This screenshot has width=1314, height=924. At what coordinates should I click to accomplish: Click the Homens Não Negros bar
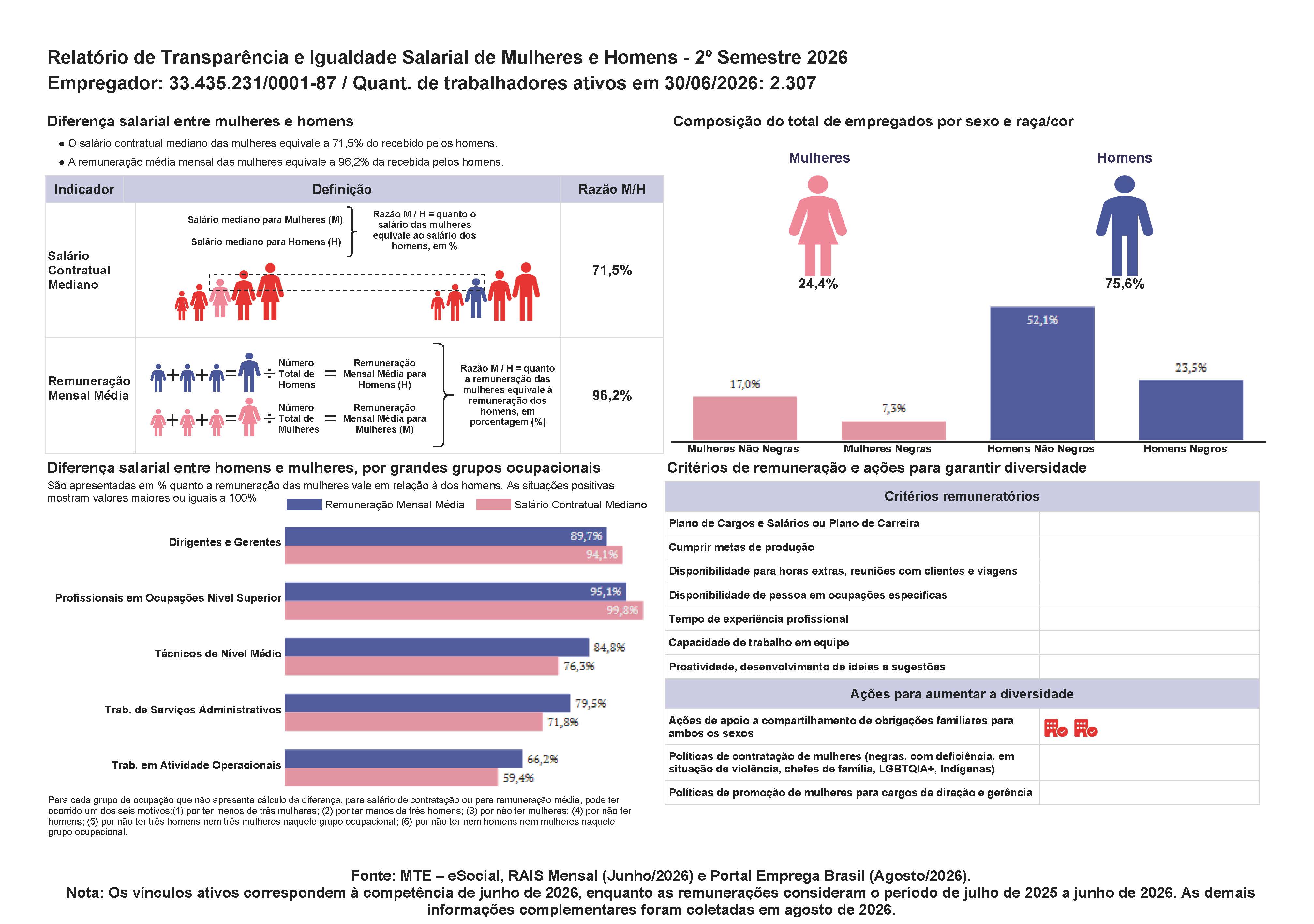point(1042,374)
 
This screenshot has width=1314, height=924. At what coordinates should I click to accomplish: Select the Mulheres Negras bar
point(893,431)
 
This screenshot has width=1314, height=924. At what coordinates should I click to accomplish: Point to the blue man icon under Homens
point(1124,226)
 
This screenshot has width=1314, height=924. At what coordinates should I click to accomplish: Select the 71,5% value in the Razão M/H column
point(611,270)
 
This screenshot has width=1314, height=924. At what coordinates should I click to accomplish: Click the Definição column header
point(342,189)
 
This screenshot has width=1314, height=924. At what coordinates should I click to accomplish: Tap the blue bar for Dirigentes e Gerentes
point(445,536)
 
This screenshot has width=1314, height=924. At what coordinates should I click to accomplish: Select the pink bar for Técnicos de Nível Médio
point(421,666)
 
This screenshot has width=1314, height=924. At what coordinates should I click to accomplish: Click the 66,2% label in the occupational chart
point(542,759)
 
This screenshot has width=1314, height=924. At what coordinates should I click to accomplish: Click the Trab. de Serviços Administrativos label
point(193,710)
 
